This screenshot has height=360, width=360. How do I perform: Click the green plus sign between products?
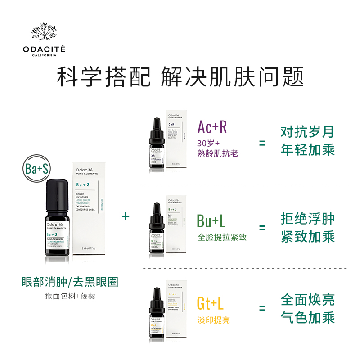tap(126, 216)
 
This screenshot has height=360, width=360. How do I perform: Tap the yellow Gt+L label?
tap(210, 303)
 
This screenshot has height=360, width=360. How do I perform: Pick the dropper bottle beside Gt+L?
tap(156, 313)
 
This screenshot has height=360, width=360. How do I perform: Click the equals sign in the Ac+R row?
tap(262, 143)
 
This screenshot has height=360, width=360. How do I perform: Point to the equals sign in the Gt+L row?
tap(262, 309)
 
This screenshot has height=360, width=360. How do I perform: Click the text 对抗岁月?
tap(308, 132)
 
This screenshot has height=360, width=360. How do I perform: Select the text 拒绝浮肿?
tap(308, 219)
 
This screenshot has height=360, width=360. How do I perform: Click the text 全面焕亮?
tap(308, 300)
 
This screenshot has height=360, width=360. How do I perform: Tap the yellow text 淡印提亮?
tap(213, 320)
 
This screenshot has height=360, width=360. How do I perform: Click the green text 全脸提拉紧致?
tap(222, 237)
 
